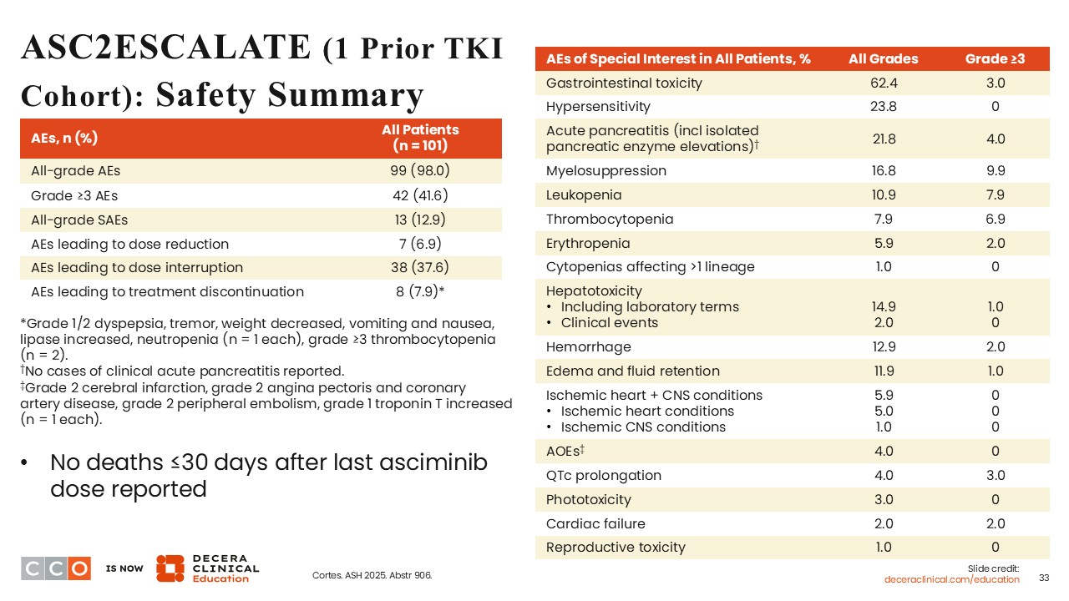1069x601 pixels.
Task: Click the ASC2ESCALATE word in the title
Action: [x=165, y=48]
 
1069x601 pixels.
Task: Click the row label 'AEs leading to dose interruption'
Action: [x=137, y=268]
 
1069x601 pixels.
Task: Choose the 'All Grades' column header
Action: [x=883, y=59]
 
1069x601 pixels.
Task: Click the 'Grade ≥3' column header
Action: [x=995, y=59]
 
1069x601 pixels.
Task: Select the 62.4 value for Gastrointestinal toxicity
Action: [x=883, y=83]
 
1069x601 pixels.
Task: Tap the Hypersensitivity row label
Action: [x=598, y=107]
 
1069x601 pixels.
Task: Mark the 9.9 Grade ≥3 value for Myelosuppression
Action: [x=995, y=171]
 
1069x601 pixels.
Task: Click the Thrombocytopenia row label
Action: [x=610, y=220]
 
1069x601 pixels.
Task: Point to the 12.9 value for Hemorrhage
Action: [x=883, y=347]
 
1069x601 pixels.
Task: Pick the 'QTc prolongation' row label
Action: [x=603, y=476]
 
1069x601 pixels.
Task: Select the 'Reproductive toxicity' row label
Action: [x=616, y=548]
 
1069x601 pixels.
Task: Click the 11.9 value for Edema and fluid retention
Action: [x=883, y=371]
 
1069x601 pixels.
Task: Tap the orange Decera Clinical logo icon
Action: [x=170, y=568]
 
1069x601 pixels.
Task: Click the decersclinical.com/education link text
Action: [x=951, y=579]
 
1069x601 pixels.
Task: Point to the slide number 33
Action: [x=1043, y=578]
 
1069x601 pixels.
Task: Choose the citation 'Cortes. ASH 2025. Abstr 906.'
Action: [x=372, y=576]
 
